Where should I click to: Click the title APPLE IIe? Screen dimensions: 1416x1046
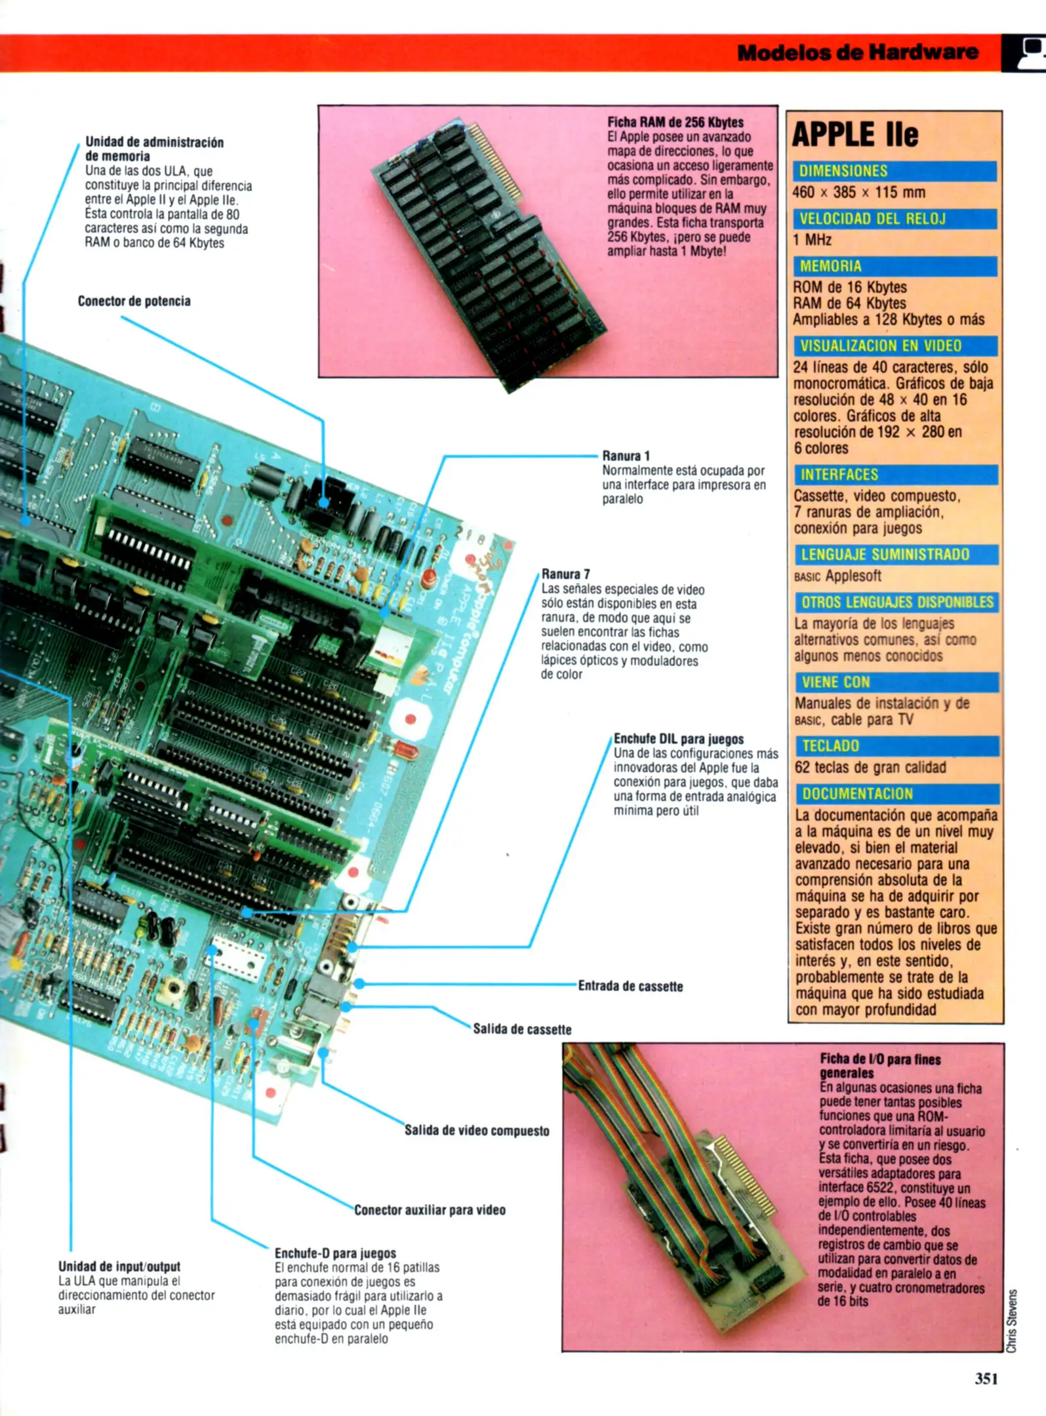tap(855, 135)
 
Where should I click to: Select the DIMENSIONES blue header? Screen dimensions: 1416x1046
tap(894, 171)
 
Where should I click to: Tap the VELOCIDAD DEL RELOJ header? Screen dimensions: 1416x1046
tap(894, 219)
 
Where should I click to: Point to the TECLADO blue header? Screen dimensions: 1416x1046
tap(896, 746)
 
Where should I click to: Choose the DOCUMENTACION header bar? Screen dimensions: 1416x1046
tap(896, 794)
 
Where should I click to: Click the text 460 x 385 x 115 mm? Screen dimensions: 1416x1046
tap(859, 193)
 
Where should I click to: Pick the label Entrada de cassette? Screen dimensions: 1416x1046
tap(630, 987)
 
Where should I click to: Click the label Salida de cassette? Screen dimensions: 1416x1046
tap(522, 1029)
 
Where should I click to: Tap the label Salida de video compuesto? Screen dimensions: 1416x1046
tap(477, 1131)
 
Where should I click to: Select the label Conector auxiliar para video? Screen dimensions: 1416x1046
tap(430, 1210)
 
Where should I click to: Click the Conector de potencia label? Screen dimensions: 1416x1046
tap(134, 302)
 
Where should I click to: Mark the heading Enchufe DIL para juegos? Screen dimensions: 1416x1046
tap(678, 739)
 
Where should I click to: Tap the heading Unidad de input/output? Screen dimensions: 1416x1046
tap(119, 1267)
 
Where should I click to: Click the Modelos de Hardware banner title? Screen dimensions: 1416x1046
tap(857, 52)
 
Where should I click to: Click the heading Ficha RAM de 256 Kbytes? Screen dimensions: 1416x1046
tap(675, 123)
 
